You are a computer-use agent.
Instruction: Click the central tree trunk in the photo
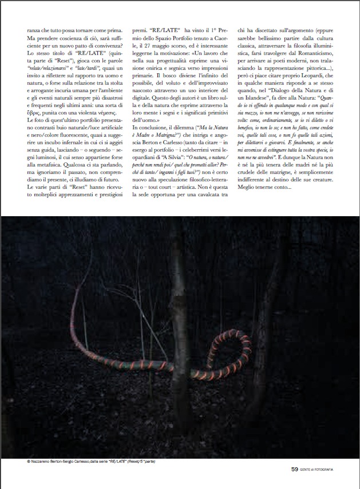click(181, 343)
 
